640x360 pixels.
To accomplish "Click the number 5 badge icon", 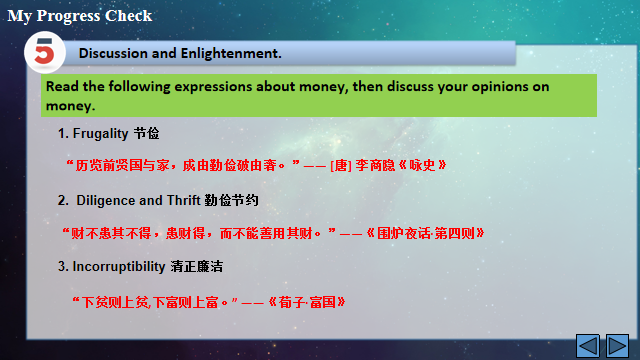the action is [44, 52].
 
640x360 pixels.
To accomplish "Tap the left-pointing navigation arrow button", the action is [588, 346].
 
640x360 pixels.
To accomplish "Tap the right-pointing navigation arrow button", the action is [617, 346].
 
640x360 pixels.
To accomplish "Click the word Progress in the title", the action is [69, 16].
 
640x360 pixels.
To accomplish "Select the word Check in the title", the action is [129, 16].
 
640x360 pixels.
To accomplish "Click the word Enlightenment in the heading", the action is [231, 53].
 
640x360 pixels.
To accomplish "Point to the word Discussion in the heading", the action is [113, 53].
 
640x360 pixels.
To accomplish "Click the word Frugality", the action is [100, 134].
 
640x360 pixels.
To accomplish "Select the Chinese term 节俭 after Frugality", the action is [147, 133].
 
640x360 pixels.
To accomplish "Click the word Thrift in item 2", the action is [183, 200].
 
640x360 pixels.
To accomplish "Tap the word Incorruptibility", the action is [119, 267].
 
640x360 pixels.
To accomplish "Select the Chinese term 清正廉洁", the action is [197, 267].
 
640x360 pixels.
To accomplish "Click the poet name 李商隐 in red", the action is [375, 165].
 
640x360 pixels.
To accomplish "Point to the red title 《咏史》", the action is [422, 165].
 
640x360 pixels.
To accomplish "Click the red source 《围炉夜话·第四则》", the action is [425, 233].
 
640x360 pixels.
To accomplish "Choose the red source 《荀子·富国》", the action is [307, 302].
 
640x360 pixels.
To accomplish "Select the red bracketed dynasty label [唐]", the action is [341, 166].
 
